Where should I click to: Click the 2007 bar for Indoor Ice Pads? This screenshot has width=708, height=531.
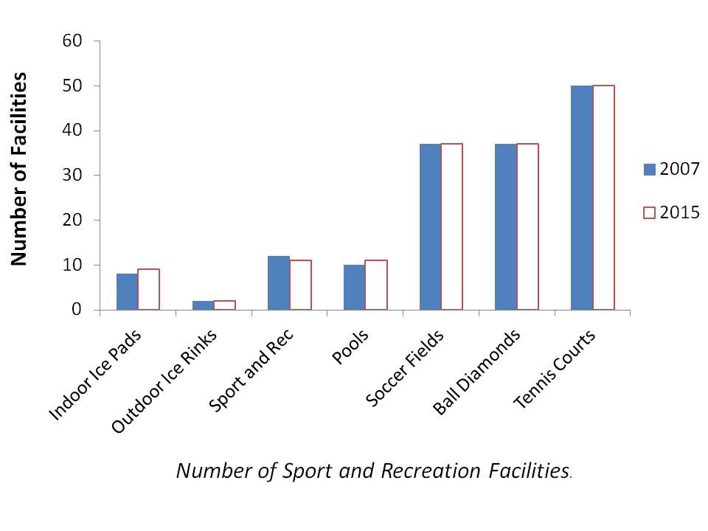coord(127,292)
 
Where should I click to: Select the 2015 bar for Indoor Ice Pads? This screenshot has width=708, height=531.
coord(148,290)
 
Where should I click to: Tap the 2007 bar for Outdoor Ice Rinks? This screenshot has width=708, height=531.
coord(203,305)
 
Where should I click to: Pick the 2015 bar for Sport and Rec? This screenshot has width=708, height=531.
coord(300,285)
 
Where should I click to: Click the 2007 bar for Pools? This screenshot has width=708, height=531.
coord(354,288)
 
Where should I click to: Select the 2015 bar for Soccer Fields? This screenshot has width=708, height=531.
coord(451,227)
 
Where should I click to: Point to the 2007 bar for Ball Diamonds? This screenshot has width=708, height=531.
coord(505,227)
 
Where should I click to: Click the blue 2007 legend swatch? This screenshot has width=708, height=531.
coord(649,170)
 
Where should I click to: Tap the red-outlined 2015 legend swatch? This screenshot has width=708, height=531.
coord(649,212)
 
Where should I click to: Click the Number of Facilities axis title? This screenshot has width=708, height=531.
coord(18,168)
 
